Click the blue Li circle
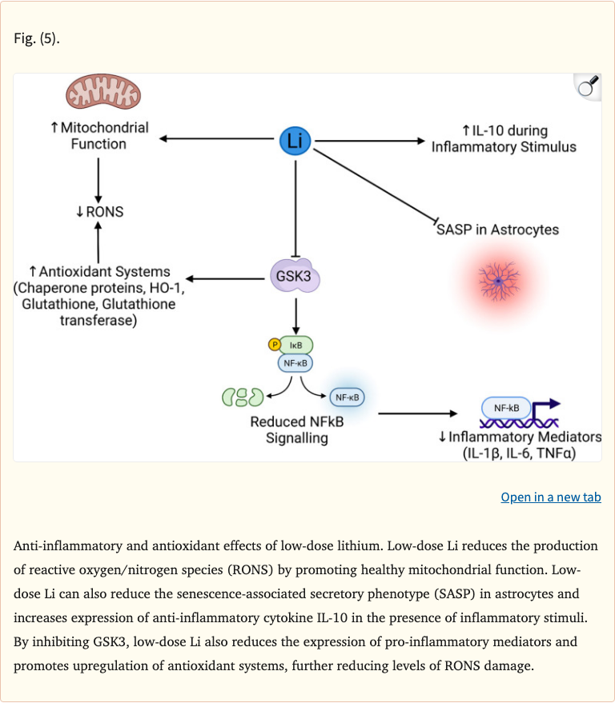pos(295,141)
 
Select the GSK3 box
pos(296,278)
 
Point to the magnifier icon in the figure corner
pos(589,86)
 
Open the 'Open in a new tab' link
pos(550,497)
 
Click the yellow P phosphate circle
pos(274,345)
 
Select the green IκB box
pos(295,345)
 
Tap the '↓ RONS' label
pos(99,212)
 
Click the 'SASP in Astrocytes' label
pos(497,230)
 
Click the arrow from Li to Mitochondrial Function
pos(216,140)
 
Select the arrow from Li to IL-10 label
pos(370,141)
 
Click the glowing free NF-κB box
pos(346,397)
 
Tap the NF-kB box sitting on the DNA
pos(505,408)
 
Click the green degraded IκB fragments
pos(243,396)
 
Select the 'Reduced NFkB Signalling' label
pos(296,429)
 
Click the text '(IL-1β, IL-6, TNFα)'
pos(520,453)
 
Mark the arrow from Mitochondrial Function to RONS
pos(98,178)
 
